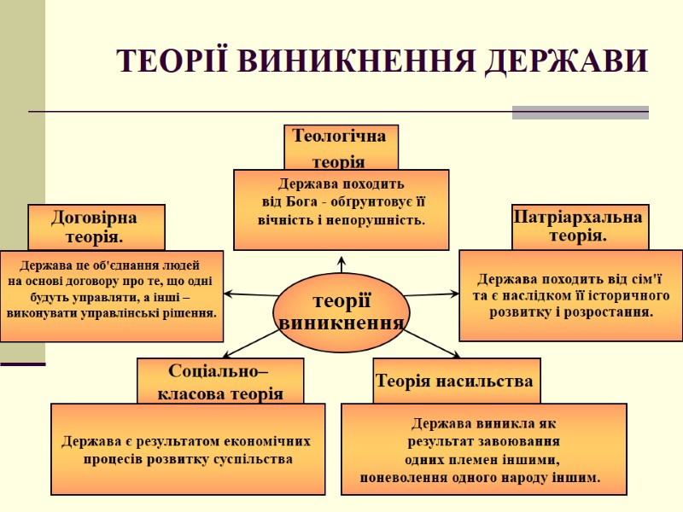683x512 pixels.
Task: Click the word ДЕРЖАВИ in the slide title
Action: click(x=568, y=61)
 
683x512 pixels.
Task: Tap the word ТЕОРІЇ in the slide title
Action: click(x=171, y=61)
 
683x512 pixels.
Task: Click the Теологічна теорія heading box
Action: click(x=341, y=148)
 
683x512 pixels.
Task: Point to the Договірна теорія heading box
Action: click(x=96, y=226)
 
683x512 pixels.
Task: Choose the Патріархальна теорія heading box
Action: click(x=580, y=226)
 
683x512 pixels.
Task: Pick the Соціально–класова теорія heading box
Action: click(x=220, y=381)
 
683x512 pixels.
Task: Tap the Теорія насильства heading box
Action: click(x=454, y=381)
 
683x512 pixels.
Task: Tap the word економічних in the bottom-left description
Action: click(x=264, y=441)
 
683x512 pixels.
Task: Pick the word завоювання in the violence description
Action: click(x=520, y=441)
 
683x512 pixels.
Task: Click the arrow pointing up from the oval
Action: click(x=341, y=263)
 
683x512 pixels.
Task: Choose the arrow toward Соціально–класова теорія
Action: click(x=248, y=346)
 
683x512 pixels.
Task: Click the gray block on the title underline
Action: click(x=580, y=112)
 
